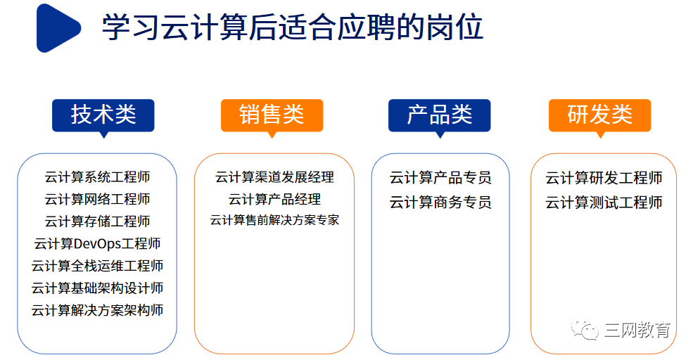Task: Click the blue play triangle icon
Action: [56, 28]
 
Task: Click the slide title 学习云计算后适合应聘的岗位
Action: [293, 27]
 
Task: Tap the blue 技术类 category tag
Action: [103, 116]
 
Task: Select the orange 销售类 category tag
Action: [272, 116]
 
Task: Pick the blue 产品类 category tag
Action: [439, 116]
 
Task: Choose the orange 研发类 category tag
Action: [599, 116]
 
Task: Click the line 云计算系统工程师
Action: [97, 177]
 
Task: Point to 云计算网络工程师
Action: [97, 199]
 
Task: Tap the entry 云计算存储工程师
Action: [97, 221]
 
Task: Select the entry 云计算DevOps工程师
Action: [97, 243]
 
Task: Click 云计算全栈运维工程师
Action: [97, 266]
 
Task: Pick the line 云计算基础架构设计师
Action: [97, 288]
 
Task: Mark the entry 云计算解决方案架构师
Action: [97, 310]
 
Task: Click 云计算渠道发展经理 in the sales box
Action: [274, 177]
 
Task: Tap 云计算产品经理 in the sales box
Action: [274, 199]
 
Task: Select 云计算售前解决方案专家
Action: [274, 220]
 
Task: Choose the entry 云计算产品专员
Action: [440, 178]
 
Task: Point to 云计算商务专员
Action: [440, 202]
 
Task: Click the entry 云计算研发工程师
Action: [604, 178]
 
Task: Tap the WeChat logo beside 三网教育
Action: [584, 328]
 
